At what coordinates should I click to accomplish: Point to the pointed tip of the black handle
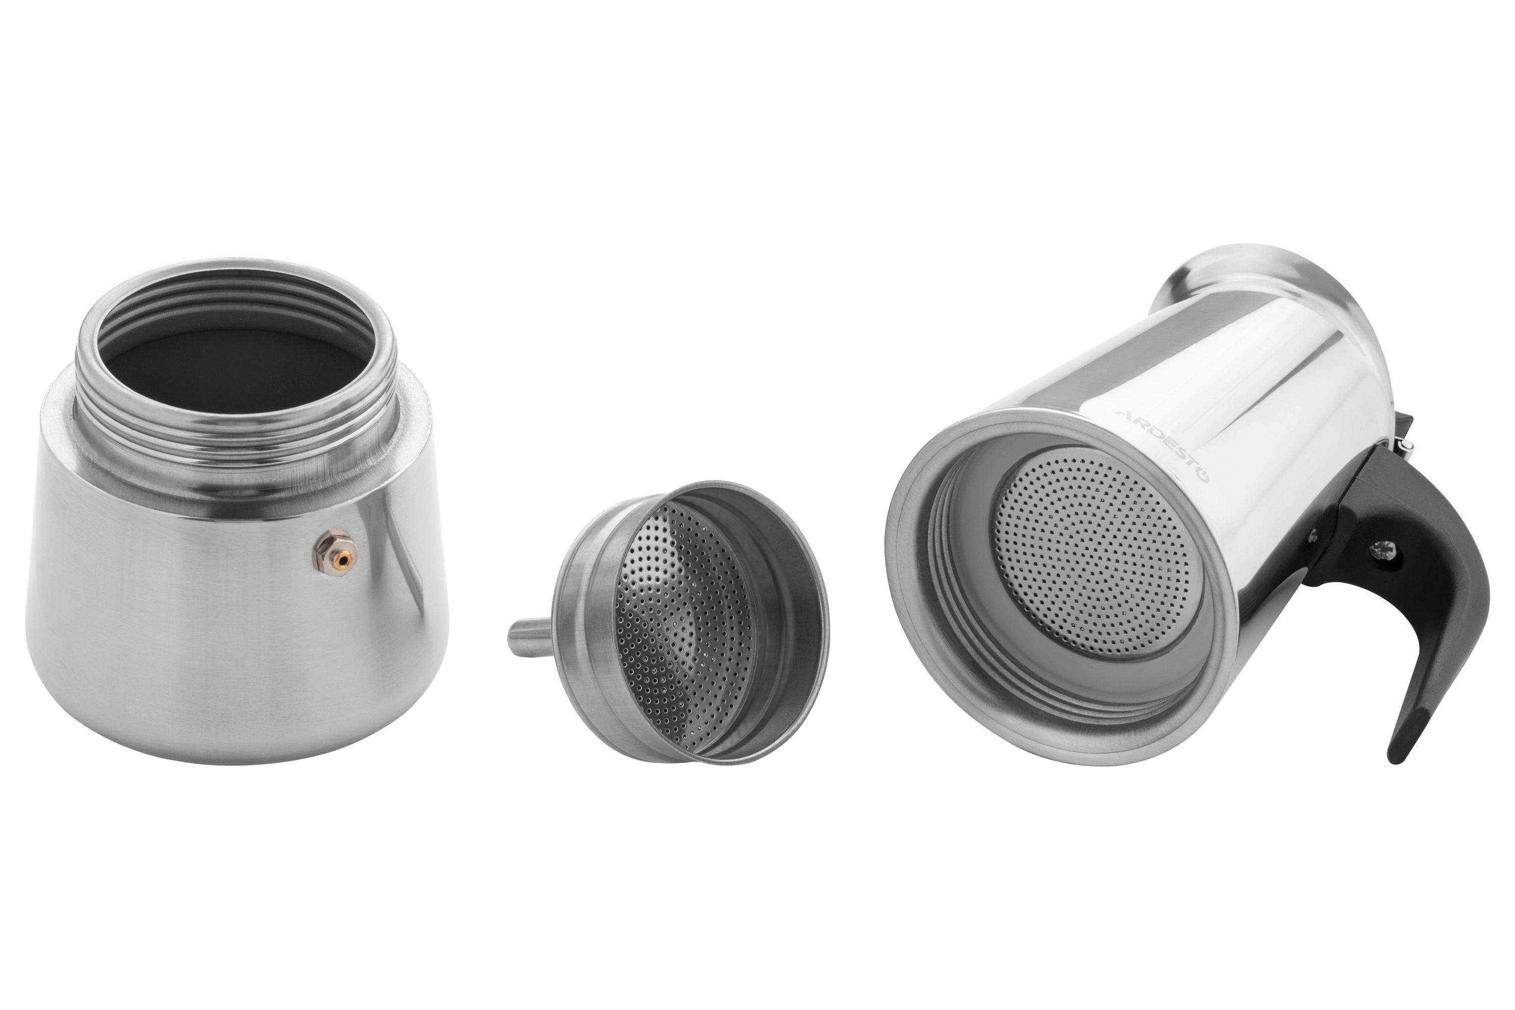1395,761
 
